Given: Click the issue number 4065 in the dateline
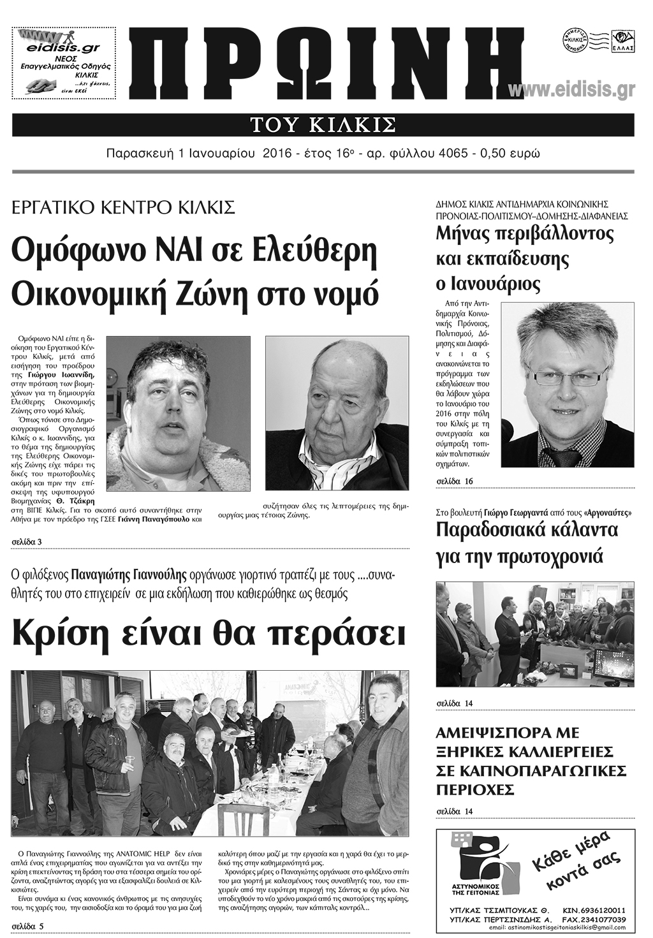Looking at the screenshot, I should point(458,154).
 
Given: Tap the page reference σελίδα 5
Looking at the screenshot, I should point(27,925).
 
